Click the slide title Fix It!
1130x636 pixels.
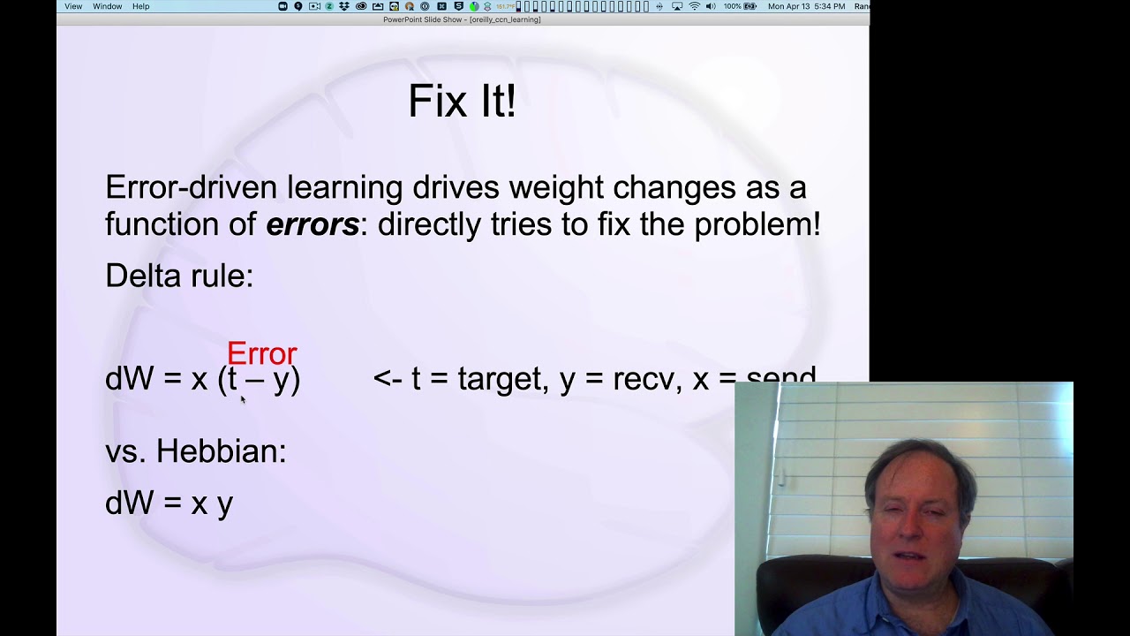pos(462,102)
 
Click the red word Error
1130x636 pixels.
pos(261,354)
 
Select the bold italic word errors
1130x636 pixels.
pos(313,224)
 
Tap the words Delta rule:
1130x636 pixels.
pos(179,276)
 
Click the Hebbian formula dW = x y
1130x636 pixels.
pos(169,503)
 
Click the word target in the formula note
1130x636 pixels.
pos(499,379)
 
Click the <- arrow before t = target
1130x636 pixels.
pos(388,379)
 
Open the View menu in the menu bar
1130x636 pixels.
pos(73,6)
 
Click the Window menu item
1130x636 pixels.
pos(108,6)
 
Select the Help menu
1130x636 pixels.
pos(141,6)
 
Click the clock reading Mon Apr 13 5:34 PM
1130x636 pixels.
pos(806,6)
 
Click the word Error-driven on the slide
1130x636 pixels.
pos(192,187)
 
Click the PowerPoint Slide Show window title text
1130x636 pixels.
pos(462,19)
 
